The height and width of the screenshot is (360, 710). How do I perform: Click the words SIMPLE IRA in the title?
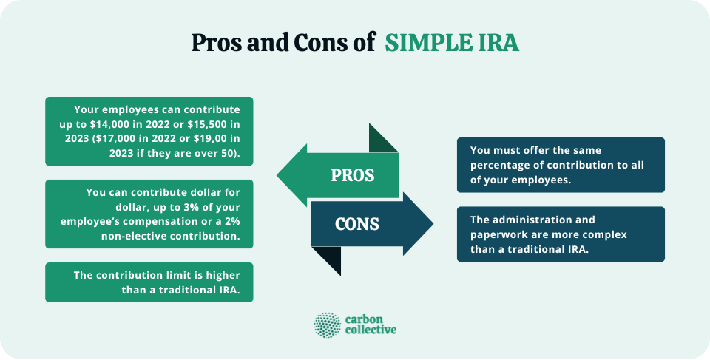(x=452, y=44)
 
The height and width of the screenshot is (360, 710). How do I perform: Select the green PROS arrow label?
(x=352, y=175)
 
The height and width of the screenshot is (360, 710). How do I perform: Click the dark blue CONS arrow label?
(x=357, y=223)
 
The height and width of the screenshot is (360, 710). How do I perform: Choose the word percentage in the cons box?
(x=500, y=165)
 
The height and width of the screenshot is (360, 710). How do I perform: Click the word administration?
(x=531, y=220)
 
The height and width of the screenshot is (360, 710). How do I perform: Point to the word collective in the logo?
(x=371, y=330)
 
